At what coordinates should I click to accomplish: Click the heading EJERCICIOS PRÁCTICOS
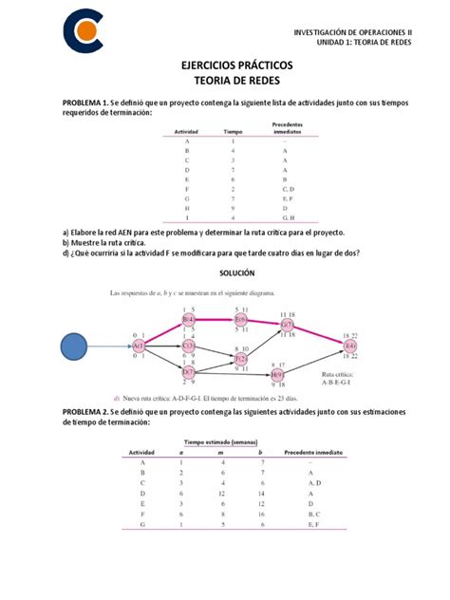(224, 66)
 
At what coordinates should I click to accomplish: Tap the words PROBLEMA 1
(85, 102)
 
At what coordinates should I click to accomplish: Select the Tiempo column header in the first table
(234, 131)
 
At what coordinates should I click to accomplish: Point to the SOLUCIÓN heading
(225, 272)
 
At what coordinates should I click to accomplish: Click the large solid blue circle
(82, 347)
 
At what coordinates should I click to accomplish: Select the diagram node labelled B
(189, 320)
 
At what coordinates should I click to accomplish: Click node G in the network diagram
(287, 325)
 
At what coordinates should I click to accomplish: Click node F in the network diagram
(240, 361)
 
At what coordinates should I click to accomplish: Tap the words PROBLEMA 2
(85, 411)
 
